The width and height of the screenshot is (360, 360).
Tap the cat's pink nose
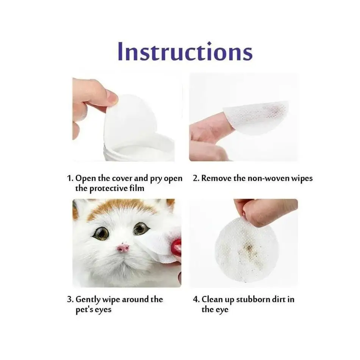[123, 248]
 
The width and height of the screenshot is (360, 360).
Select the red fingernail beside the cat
[176, 247]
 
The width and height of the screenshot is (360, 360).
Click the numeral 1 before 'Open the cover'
[69, 178]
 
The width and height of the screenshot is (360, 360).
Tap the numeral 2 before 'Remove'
[196, 178]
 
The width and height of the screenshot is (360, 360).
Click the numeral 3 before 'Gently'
[70, 299]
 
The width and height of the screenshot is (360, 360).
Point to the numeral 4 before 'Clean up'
[196, 299]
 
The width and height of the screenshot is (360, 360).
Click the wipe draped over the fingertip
[258, 116]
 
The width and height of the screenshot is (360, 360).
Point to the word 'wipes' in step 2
[302, 178]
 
